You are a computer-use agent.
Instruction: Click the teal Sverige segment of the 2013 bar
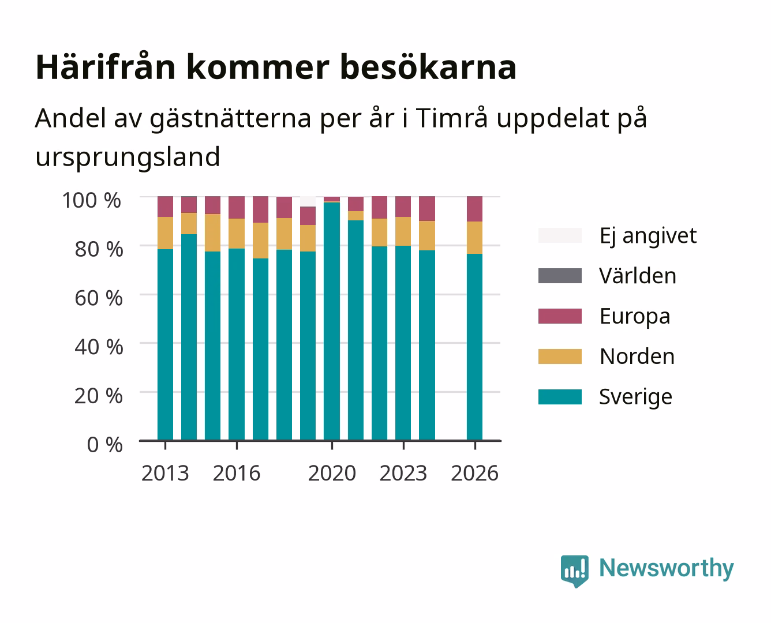(x=165, y=344)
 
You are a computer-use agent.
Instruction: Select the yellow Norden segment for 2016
(x=237, y=234)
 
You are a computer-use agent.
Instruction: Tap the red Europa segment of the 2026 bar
(x=474, y=209)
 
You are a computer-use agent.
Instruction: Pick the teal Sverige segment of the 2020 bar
(x=332, y=321)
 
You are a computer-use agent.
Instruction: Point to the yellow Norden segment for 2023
(x=403, y=231)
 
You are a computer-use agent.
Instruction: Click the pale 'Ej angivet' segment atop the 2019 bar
(x=308, y=201)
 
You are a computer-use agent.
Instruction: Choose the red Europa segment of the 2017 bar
(x=260, y=209)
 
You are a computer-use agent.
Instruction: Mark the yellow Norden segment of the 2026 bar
(x=474, y=238)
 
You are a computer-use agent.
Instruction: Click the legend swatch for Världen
(x=560, y=276)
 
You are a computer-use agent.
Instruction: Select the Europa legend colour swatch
(x=560, y=316)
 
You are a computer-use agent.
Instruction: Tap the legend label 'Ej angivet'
(x=648, y=237)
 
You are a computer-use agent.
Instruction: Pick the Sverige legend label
(x=635, y=397)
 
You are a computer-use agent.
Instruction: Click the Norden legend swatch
(x=560, y=356)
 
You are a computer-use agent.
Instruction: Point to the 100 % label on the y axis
(x=92, y=200)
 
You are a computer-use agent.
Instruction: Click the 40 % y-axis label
(x=99, y=347)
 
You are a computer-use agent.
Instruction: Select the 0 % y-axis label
(x=104, y=445)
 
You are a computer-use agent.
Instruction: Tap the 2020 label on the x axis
(x=332, y=473)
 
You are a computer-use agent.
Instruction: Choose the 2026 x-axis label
(x=474, y=473)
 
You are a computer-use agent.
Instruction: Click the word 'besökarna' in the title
(x=428, y=67)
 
